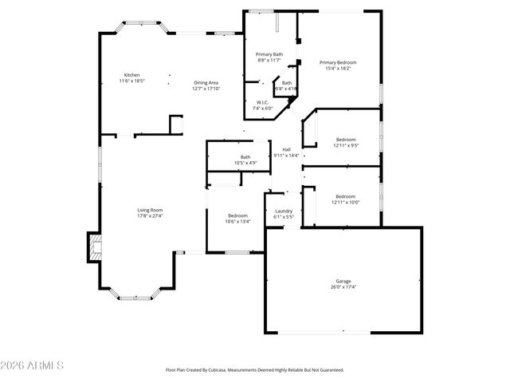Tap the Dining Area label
click(206, 82)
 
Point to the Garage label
click(343, 281)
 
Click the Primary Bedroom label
click(338, 62)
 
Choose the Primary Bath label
click(269, 54)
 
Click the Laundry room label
click(284, 211)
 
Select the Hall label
click(285, 149)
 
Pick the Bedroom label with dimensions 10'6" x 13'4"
click(237, 215)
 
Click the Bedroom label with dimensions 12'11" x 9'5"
click(345, 139)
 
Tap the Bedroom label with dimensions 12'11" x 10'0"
click(345, 196)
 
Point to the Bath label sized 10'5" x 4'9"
click(245, 157)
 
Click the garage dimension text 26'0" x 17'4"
click(343, 286)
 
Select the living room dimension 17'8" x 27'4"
click(149, 215)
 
